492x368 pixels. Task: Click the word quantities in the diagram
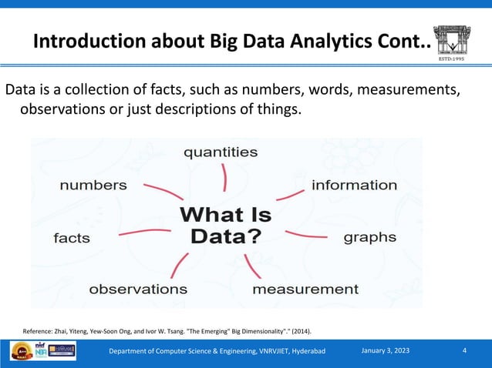point(220,152)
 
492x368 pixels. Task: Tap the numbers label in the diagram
point(93,185)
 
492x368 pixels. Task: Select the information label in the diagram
point(354,185)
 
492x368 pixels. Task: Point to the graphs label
point(369,236)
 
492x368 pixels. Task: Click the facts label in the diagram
point(72,238)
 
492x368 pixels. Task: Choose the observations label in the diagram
point(138,289)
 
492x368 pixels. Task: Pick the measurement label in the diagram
point(305,289)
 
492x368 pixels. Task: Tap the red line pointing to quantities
point(224,177)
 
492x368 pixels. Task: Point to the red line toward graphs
point(306,233)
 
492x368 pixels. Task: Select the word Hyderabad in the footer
point(305,352)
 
